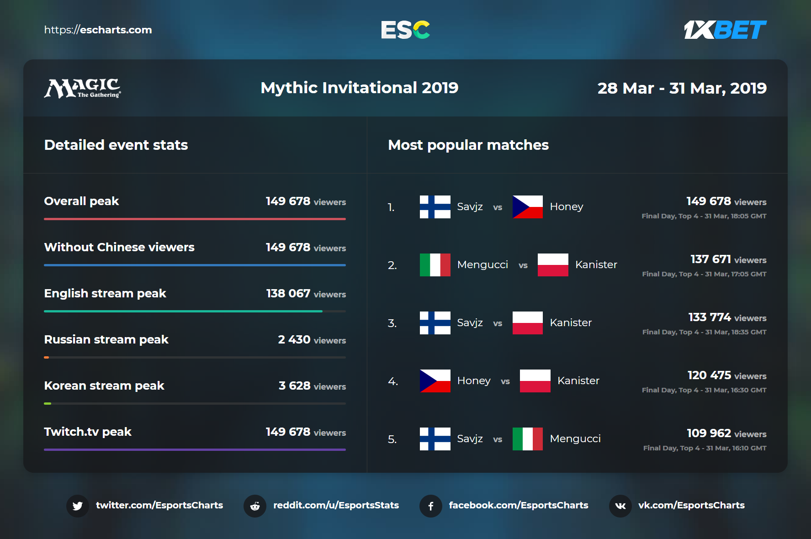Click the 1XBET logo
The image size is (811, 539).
[x=725, y=30]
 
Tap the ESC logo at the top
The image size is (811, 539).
[x=405, y=30]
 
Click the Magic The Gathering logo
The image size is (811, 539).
[x=83, y=88]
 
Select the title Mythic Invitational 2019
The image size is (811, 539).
[x=359, y=88]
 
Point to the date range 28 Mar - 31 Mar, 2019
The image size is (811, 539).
[x=682, y=88]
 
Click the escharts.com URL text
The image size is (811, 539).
[x=98, y=30]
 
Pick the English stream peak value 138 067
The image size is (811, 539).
[x=288, y=293]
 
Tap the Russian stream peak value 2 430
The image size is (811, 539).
[x=294, y=339]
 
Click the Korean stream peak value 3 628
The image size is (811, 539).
[x=295, y=386]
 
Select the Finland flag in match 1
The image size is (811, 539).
[x=435, y=207]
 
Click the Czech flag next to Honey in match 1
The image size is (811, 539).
[x=527, y=207]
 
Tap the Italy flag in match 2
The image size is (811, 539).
[x=435, y=265]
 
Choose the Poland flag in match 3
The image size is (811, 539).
[x=527, y=323]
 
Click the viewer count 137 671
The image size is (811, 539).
[x=711, y=259]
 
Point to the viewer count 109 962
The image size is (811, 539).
[x=709, y=433]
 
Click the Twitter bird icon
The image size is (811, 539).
[x=78, y=506]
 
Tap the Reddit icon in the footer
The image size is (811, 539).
[x=255, y=506]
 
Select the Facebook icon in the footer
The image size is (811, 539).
[x=430, y=506]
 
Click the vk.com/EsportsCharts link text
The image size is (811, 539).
[x=691, y=505]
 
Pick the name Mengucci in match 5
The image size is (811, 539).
[x=575, y=439]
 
